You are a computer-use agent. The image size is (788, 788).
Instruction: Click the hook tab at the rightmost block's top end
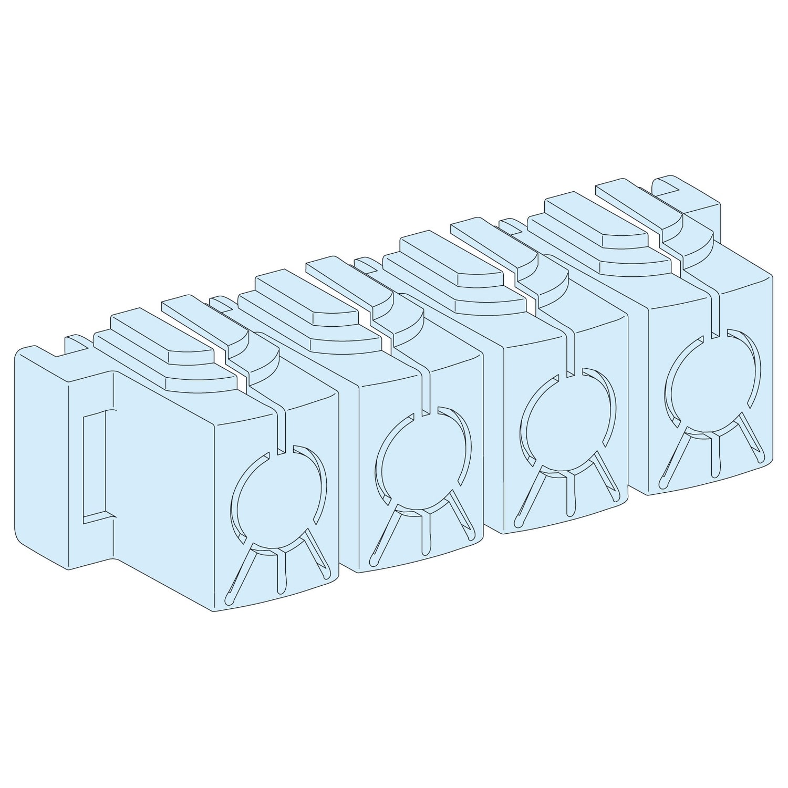(683, 194)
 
